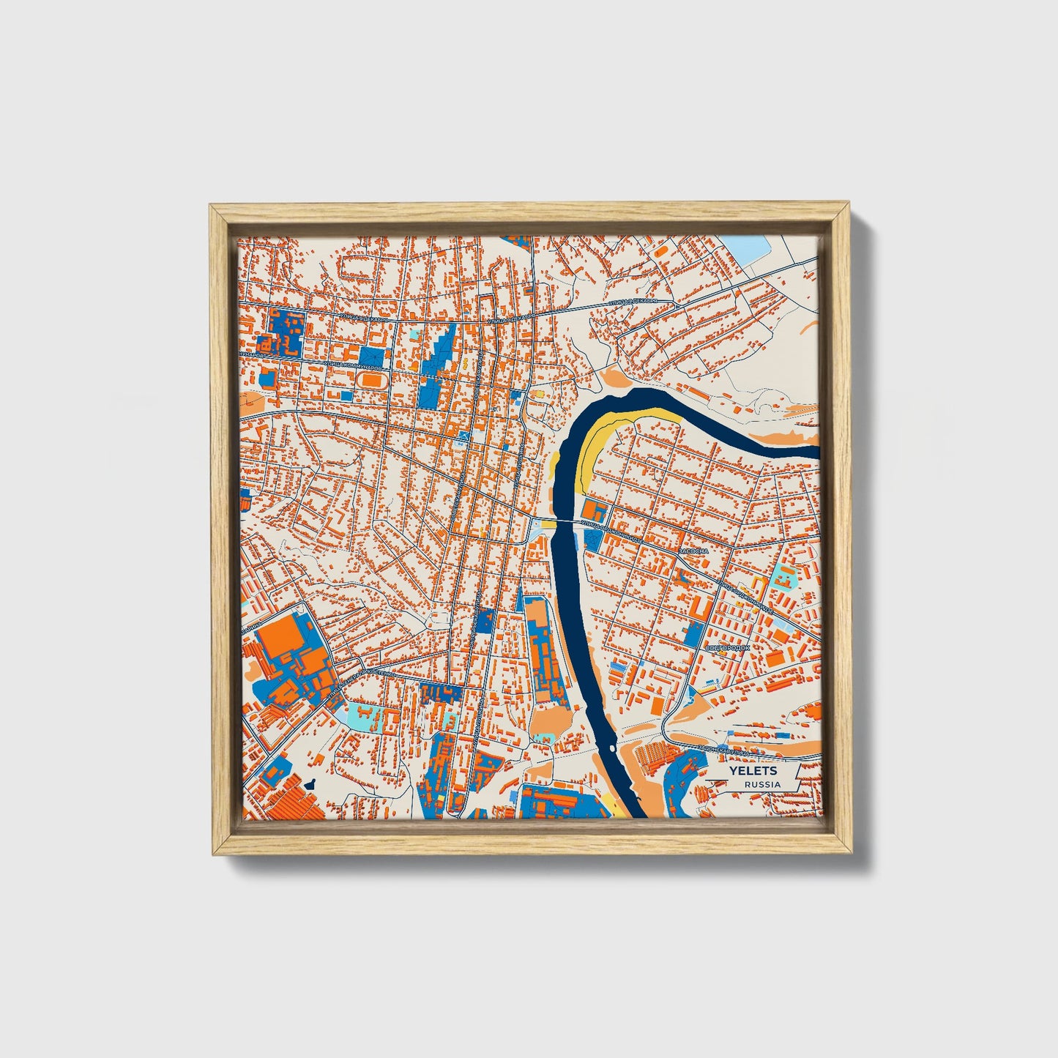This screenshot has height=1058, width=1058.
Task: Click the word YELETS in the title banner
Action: pos(753,771)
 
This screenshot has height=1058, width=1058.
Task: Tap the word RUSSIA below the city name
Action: pos(762,784)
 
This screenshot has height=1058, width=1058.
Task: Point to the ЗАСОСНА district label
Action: pos(693,550)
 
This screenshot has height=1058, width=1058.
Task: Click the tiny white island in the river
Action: pos(609,749)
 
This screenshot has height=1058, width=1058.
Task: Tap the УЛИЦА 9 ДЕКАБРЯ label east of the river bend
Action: pos(630,302)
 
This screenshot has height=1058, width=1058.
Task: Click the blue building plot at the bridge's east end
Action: pos(592,540)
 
